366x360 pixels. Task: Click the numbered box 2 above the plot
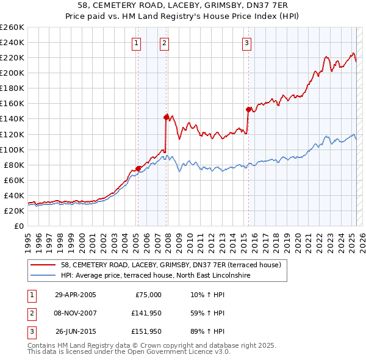tap(165, 43)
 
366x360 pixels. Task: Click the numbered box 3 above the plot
tap(246, 43)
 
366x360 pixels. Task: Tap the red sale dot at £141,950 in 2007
tap(166, 117)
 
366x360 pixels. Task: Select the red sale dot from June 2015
tap(248, 109)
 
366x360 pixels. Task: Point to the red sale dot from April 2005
tap(138, 168)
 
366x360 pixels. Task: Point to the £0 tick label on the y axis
tap(19, 226)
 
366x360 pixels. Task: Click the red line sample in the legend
tap(44, 265)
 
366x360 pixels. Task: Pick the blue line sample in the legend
tap(44, 275)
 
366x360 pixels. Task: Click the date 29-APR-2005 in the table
tap(75, 295)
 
